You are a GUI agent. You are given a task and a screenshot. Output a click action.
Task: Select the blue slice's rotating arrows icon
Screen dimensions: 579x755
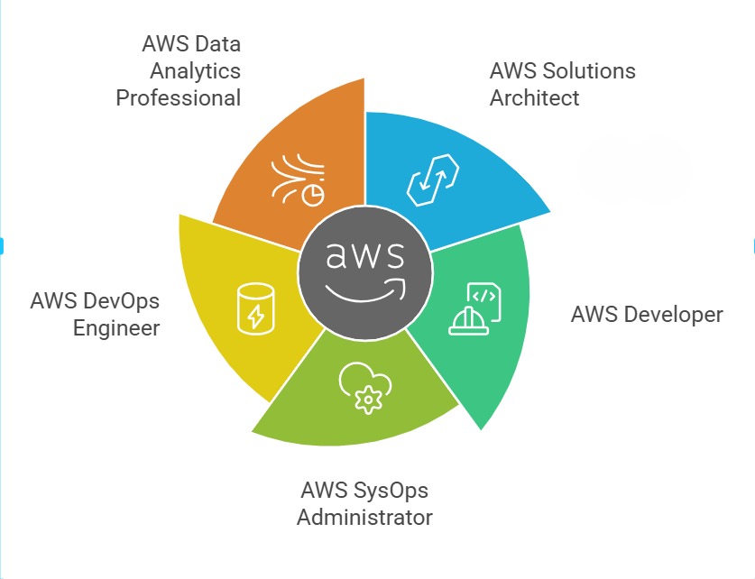pos(428,179)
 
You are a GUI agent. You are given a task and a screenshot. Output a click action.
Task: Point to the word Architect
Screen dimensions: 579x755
pos(534,97)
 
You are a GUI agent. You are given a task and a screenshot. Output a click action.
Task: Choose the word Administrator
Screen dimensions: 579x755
pos(364,518)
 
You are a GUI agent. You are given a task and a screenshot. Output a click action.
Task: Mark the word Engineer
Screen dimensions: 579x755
pos(116,326)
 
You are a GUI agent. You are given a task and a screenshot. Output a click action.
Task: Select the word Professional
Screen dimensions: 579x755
pos(179,96)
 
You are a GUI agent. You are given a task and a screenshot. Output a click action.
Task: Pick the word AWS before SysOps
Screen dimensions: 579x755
pos(322,491)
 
